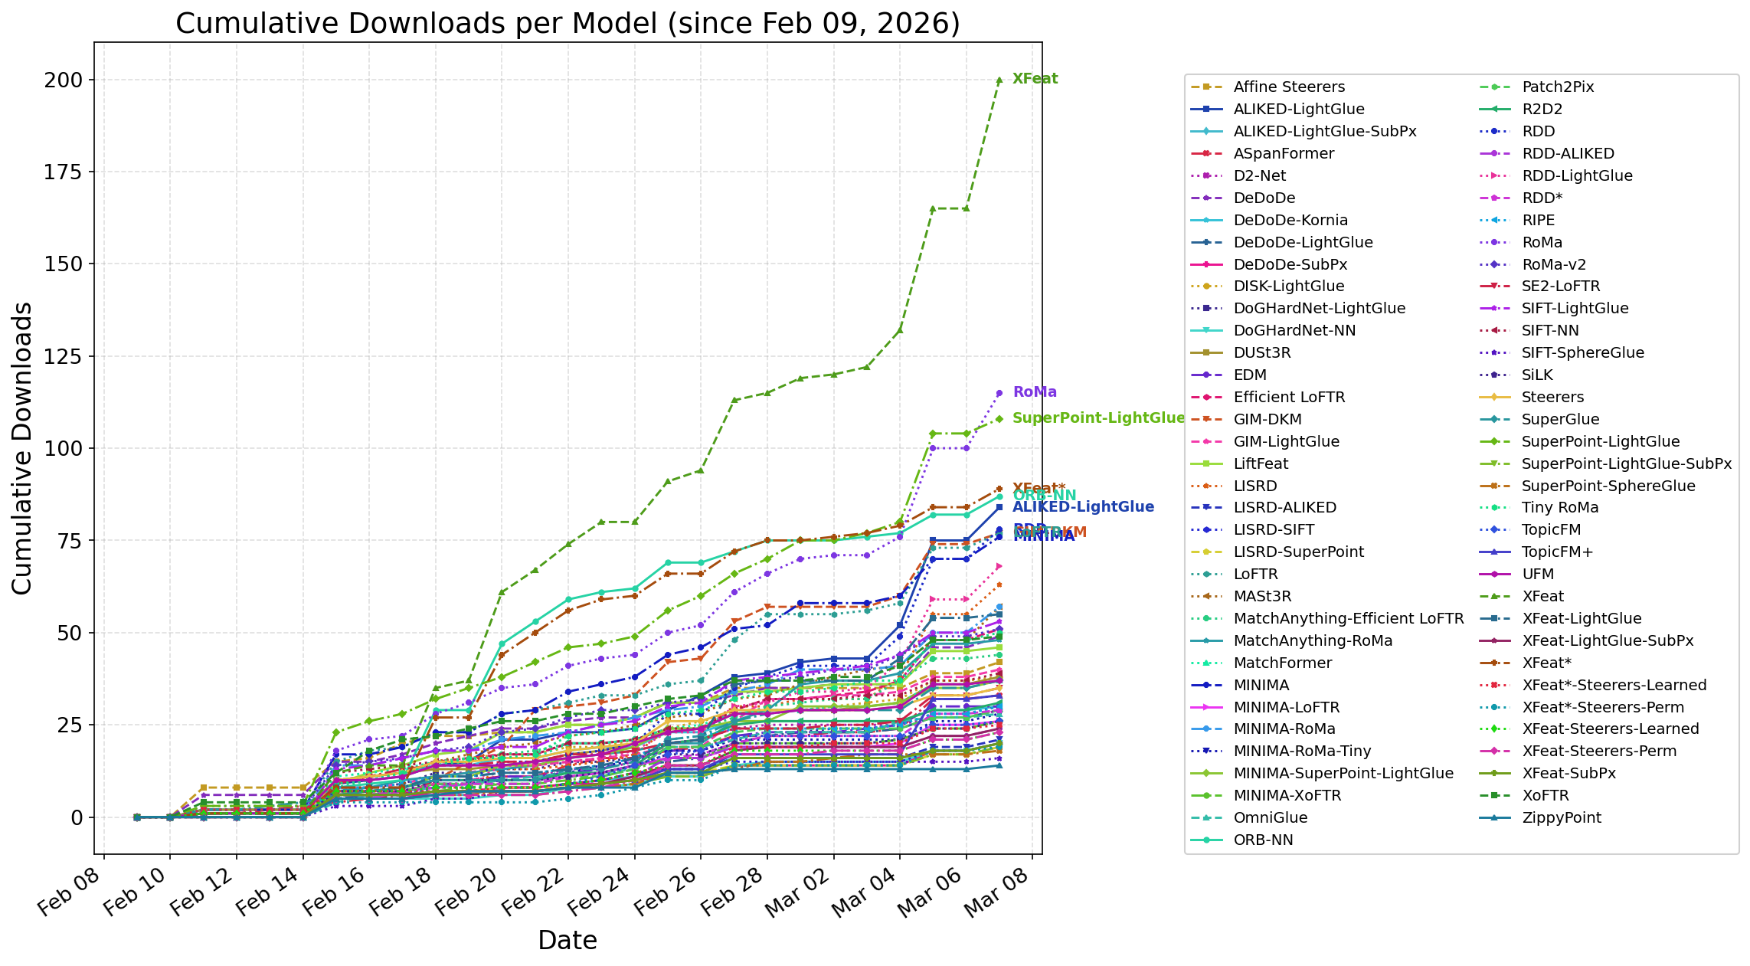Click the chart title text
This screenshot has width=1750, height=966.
568,24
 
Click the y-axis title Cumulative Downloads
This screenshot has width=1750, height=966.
22,448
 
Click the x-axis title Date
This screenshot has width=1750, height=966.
568,940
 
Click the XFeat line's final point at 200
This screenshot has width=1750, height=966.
999,80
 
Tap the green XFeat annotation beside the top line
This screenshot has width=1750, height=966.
1035,79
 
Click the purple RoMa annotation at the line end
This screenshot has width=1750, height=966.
1034,392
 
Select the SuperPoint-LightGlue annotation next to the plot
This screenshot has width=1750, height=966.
1097,418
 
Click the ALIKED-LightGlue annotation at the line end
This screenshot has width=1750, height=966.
1082,507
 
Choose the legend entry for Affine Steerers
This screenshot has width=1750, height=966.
1289,87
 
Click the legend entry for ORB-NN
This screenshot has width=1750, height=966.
1263,840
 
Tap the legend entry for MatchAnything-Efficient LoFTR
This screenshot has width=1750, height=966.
1348,619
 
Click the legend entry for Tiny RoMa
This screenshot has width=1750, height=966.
1560,508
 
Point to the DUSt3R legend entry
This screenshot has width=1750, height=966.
1262,353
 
